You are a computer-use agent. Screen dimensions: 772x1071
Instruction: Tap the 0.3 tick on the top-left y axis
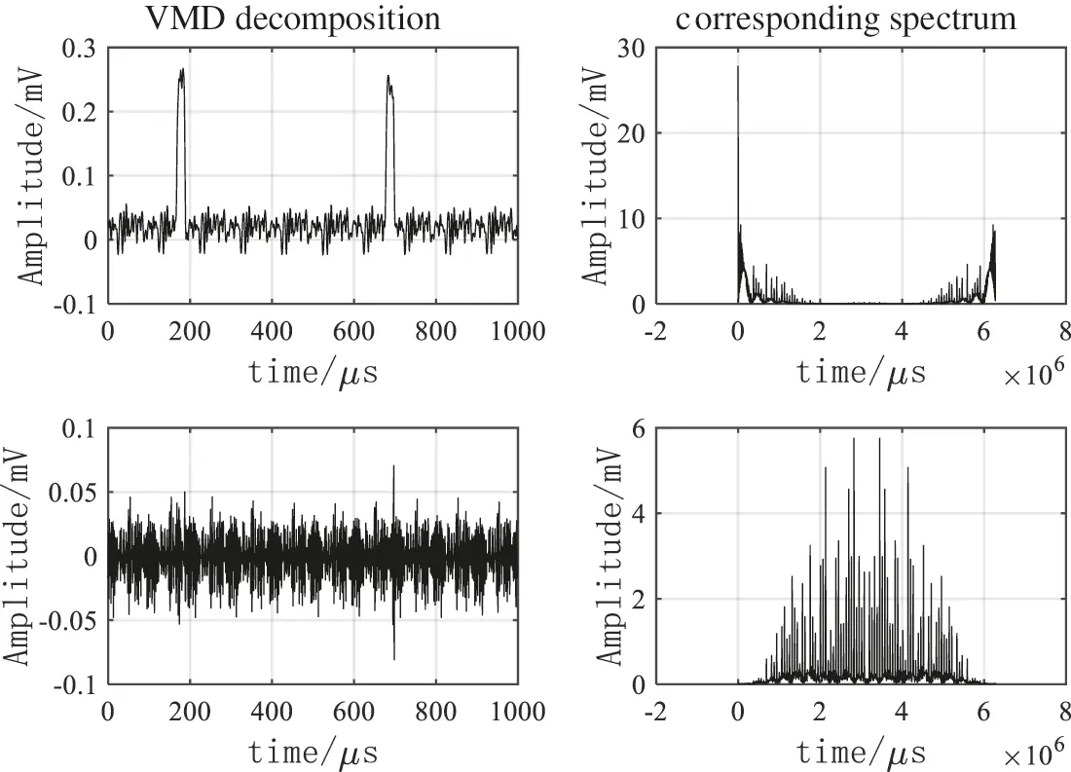81,49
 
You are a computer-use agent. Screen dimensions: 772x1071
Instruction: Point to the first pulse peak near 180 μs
181,71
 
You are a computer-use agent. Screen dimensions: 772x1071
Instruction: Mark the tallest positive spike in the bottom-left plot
394,467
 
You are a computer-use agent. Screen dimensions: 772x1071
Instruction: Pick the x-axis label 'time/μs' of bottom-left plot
312,752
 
